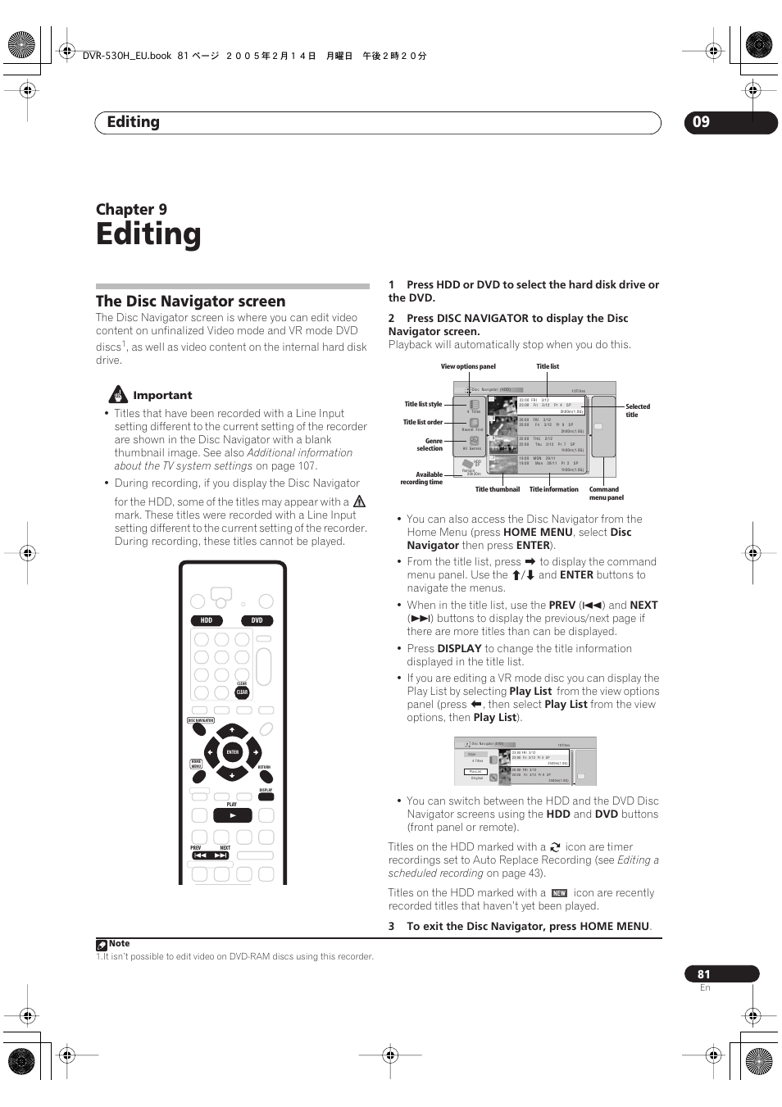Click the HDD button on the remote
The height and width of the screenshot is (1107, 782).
[207, 620]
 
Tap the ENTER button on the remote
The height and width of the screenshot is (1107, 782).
[233, 751]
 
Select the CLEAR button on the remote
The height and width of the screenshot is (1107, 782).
[242, 692]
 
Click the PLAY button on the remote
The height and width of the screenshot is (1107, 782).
[232, 815]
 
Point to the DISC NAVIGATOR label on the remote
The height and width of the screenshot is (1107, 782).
[201, 721]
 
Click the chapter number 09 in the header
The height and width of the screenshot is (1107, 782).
[701, 122]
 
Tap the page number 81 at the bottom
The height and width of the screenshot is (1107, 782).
[704, 974]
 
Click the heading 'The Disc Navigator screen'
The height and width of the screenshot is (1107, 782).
[191, 302]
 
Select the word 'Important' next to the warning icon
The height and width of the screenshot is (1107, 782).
[162, 395]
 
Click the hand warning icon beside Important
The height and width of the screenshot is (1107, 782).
[120, 394]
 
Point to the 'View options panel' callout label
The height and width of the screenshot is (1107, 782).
[468, 367]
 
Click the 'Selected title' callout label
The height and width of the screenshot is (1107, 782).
[637, 411]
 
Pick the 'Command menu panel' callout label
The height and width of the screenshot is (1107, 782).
[606, 493]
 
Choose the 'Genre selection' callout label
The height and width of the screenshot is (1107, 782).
[430, 445]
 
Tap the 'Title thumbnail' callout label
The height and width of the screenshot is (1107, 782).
[498, 489]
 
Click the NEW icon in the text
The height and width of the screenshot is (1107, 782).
[559, 893]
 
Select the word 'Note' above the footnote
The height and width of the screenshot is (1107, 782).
[119, 944]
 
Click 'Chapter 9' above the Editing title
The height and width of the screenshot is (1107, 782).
[131, 210]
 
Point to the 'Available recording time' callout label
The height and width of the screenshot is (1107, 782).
[421, 479]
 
